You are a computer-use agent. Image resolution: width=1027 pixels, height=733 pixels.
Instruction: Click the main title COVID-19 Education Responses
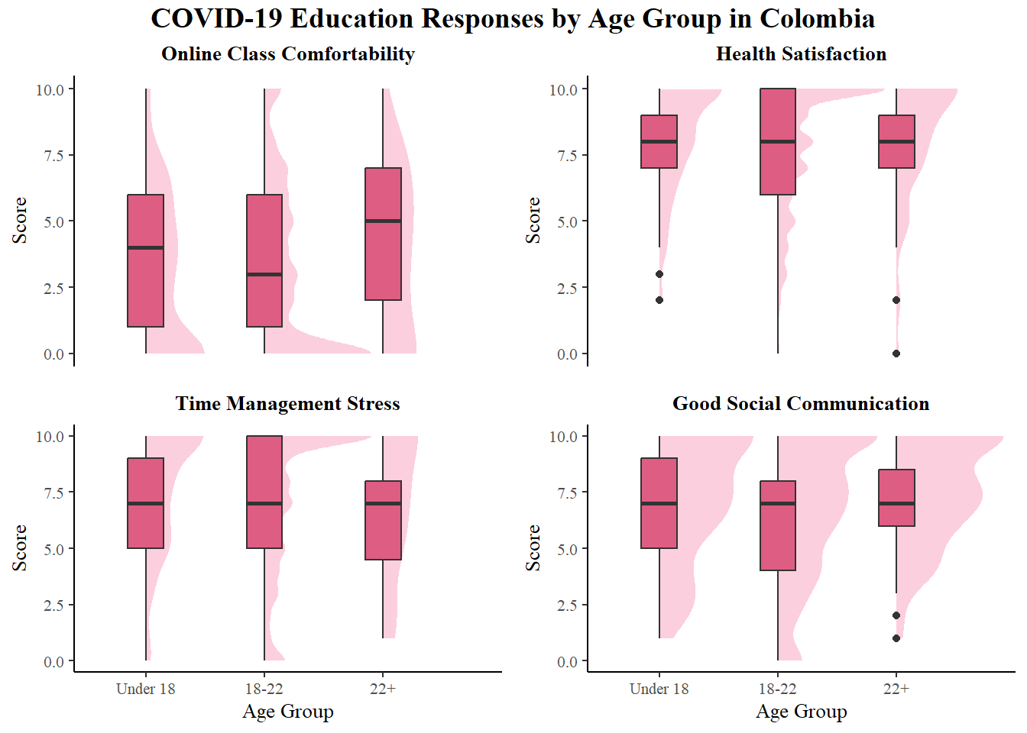pyautogui.click(x=513, y=19)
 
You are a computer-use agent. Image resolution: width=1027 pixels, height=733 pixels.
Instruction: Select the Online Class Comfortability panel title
pyautogui.click(x=288, y=54)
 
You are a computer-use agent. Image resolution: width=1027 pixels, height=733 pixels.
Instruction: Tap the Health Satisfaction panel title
pyautogui.click(x=801, y=54)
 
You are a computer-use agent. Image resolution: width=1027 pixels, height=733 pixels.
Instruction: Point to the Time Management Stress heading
pyautogui.click(x=288, y=404)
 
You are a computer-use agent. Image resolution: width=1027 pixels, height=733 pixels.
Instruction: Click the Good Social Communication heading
pyautogui.click(x=801, y=404)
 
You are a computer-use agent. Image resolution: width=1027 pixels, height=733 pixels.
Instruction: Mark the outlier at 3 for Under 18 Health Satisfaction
pyautogui.click(x=659, y=274)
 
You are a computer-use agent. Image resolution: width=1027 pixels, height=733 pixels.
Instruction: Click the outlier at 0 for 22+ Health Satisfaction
pyautogui.click(x=896, y=354)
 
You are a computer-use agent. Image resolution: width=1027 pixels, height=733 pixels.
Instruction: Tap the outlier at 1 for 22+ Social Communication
pyautogui.click(x=896, y=638)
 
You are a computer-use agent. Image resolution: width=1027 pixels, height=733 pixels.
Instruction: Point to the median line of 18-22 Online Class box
pyautogui.click(x=264, y=274)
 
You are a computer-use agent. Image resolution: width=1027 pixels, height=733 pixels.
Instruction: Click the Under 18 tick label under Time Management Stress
pyautogui.click(x=145, y=689)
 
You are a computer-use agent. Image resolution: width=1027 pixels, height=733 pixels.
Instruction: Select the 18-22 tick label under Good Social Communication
pyautogui.click(x=778, y=689)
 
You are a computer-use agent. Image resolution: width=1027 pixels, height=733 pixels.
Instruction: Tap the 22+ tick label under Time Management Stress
pyautogui.click(x=383, y=689)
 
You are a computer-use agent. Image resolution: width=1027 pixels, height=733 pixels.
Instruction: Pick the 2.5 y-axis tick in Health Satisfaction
pyautogui.click(x=567, y=289)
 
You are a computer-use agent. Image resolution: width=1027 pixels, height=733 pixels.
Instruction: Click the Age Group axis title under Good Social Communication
pyautogui.click(x=801, y=712)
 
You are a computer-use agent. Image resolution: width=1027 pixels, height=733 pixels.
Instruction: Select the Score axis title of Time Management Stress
pyautogui.click(x=20, y=547)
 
